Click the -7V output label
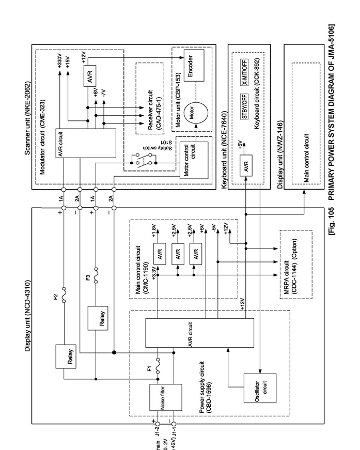tap(103, 92)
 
